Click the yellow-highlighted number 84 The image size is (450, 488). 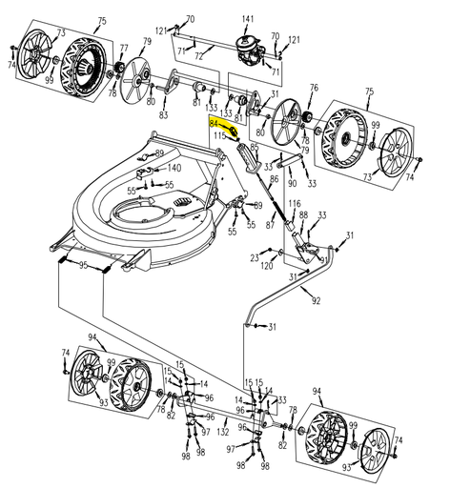[x=215, y=124]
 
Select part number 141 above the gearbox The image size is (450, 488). [x=248, y=19]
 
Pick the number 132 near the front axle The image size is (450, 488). [x=222, y=432]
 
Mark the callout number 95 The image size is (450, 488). [x=84, y=265]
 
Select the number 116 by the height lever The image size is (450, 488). [x=295, y=204]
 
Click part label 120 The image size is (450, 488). [x=268, y=267]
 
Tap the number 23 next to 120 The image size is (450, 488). [x=255, y=256]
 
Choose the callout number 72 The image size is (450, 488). [x=198, y=57]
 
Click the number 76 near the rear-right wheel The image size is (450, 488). [x=314, y=89]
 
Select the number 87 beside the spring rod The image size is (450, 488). [x=270, y=225]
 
